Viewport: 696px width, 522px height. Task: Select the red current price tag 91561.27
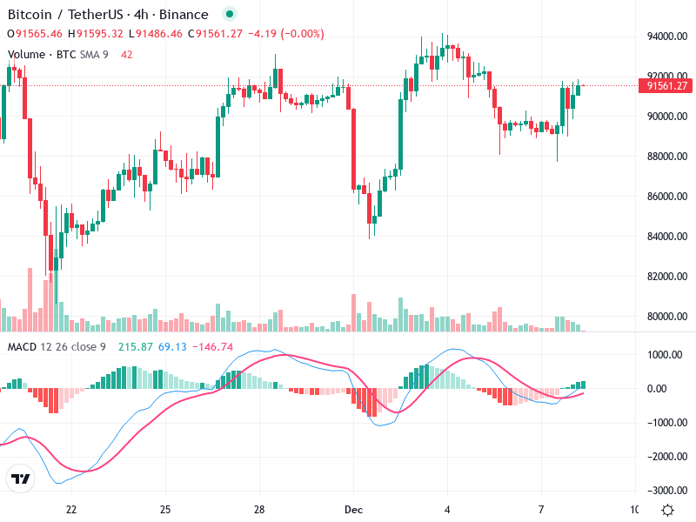pyautogui.click(x=665, y=85)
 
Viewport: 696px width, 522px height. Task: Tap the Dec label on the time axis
pyautogui.click(x=352, y=509)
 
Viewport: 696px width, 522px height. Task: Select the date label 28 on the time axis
pyautogui.click(x=259, y=509)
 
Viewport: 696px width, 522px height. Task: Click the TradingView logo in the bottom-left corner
pyautogui.click(x=21, y=479)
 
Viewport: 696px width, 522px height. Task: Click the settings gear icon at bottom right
pyautogui.click(x=667, y=510)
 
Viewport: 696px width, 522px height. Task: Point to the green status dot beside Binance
pyautogui.click(x=229, y=14)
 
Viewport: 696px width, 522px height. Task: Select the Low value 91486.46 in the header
pyautogui.click(x=158, y=34)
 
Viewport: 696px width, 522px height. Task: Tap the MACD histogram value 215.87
pyautogui.click(x=136, y=347)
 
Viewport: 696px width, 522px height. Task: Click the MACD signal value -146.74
pyautogui.click(x=214, y=347)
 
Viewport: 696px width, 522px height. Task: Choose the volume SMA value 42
pyautogui.click(x=127, y=54)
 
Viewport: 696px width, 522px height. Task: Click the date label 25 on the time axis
pyautogui.click(x=165, y=509)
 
